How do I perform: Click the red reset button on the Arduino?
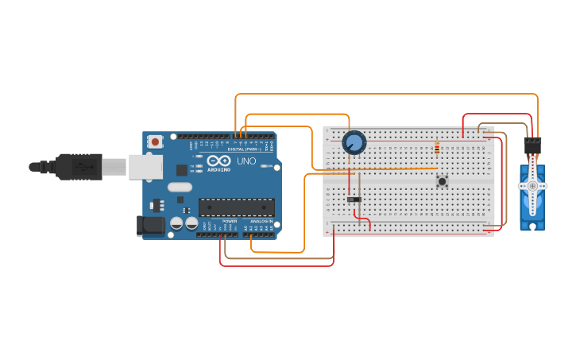(156, 142)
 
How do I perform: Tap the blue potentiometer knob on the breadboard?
(354, 143)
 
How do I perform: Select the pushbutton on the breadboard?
(442, 181)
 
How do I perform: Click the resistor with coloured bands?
(436, 148)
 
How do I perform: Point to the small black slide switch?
(354, 199)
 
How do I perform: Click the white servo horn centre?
(532, 185)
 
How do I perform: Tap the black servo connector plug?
(532, 146)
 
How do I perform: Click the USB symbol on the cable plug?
(83, 167)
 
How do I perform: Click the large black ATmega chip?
(237, 207)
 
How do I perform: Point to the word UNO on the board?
(246, 161)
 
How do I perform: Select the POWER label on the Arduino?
(230, 222)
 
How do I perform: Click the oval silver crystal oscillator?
(180, 188)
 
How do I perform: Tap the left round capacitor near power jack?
(176, 224)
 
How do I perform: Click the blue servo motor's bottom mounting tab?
(532, 226)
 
